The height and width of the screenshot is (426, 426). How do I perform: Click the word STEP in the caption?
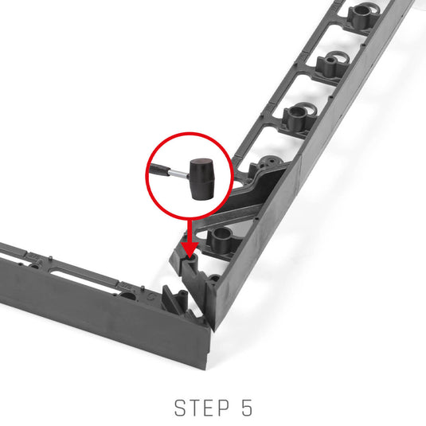point(201,408)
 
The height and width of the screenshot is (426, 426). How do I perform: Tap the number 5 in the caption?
point(247,408)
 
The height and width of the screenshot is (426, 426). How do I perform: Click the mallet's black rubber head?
point(202,179)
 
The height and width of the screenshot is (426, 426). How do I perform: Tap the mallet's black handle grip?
point(159,170)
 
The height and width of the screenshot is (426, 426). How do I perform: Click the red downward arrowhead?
point(190,248)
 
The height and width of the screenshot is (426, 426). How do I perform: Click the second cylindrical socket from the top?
point(330,65)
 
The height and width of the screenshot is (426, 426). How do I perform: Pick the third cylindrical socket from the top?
point(297,117)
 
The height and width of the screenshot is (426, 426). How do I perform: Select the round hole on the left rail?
point(127,295)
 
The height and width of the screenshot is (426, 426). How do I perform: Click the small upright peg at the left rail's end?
point(183,297)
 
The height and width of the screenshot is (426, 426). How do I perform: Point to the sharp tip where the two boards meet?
point(214,331)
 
